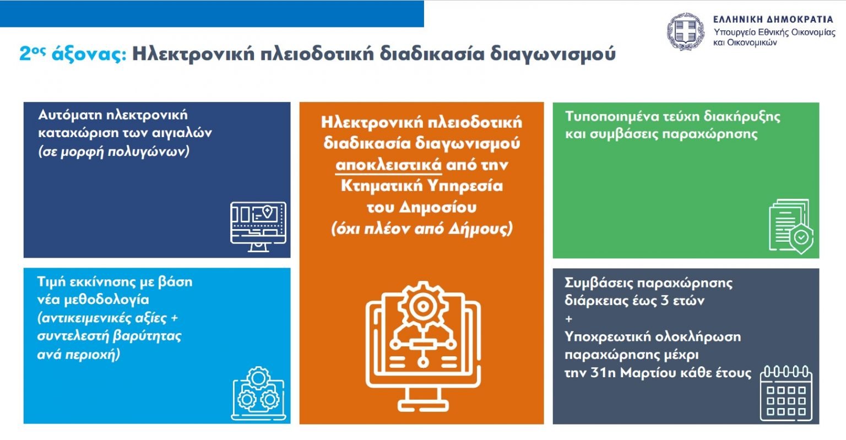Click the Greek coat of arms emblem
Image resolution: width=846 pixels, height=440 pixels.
pos(686,32)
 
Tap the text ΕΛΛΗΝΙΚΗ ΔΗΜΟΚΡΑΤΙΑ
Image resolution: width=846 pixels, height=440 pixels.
pos(773,19)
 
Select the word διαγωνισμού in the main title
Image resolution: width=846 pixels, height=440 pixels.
pos(553,54)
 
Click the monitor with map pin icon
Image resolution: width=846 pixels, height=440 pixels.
pos(258,227)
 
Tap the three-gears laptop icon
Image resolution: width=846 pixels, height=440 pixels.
pos(258,393)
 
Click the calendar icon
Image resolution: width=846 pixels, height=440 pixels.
pos(786,393)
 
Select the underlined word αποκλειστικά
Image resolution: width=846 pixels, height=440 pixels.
pos(388,165)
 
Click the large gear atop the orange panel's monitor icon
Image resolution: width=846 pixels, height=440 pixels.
pos(422,306)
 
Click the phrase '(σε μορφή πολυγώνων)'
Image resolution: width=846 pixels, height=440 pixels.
pos(113,151)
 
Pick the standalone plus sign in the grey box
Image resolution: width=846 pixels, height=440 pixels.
pos(569,319)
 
